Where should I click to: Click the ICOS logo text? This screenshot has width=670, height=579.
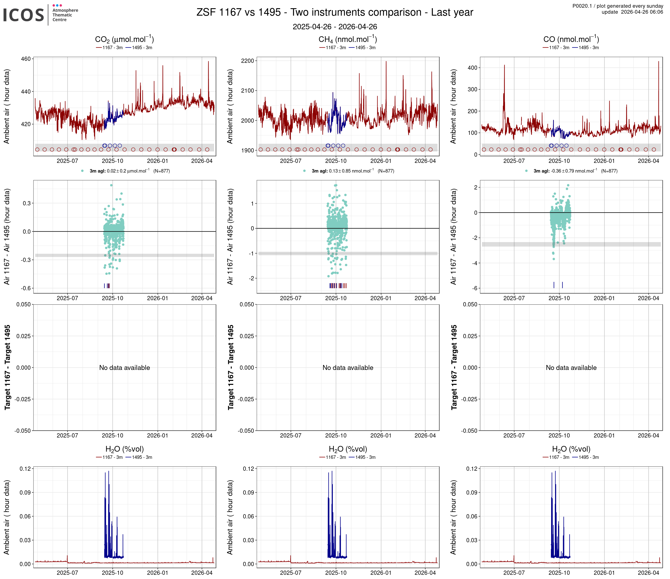[x=23, y=15]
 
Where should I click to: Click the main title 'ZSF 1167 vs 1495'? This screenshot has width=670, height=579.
[x=335, y=12]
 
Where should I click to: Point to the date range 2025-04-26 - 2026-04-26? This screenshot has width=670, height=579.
[x=335, y=27]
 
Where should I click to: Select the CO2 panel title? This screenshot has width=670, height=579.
[x=124, y=39]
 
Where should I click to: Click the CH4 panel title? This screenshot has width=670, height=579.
[x=348, y=39]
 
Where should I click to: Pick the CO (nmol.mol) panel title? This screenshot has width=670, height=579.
[x=571, y=39]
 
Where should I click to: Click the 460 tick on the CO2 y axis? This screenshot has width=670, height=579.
[x=26, y=59]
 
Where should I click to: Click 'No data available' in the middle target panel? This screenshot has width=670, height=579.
[x=348, y=367]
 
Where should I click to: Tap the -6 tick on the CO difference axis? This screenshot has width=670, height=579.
[x=474, y=288]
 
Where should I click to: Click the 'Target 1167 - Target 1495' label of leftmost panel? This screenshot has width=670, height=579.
[x=7, y=367]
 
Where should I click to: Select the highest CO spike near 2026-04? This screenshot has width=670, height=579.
[x=658, y=62]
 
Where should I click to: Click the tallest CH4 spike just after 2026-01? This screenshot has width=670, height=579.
[x=386, y=62]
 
